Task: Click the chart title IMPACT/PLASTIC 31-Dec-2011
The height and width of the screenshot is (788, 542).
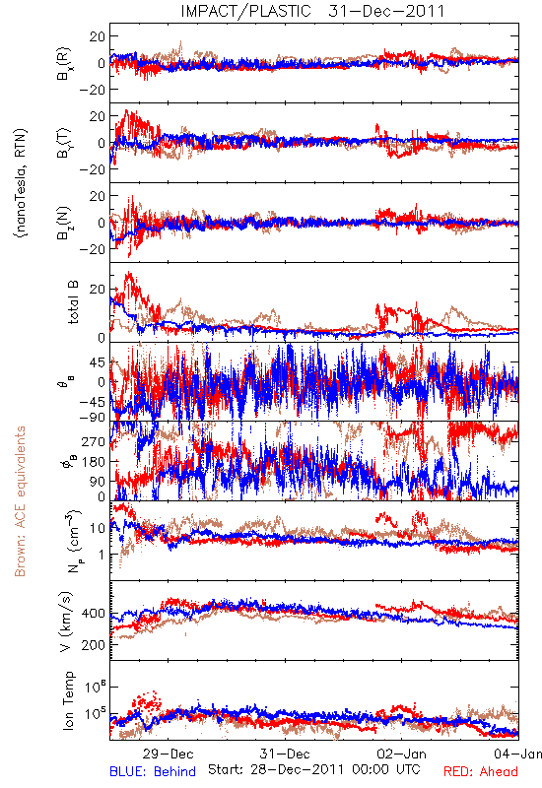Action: coord(312,11)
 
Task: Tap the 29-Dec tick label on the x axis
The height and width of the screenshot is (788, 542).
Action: coord(168,754)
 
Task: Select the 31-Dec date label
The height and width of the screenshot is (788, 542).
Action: coord(285,754)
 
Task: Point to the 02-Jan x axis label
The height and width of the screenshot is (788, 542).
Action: coord(401,754)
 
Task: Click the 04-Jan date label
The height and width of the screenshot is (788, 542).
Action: coord(517,754)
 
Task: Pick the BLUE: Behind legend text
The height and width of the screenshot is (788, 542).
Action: coord(153,771)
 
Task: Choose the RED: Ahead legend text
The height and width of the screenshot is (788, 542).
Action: coord(480,771)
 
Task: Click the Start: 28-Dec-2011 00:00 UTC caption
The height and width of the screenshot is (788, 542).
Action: coord(314,769)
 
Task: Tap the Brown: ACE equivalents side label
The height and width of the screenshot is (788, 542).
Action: coord(20,501)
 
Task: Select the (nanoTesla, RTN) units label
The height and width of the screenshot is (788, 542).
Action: coord(21,183)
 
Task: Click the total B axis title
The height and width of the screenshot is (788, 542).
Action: coord(73,302)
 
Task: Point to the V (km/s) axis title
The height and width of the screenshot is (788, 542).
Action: coord(66,622)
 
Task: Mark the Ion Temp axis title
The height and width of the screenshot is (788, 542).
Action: coord(68,700)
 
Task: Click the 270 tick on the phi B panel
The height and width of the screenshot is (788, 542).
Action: coord(94,441)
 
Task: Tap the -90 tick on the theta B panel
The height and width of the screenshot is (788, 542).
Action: coord(93,417)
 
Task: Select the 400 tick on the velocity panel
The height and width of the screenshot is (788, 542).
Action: coord(93,614)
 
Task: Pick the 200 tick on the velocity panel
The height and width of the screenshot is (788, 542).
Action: coord(93,645)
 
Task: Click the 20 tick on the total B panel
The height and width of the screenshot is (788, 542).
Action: coord(98,290)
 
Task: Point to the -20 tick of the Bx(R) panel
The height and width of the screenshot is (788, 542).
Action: coord(93,90)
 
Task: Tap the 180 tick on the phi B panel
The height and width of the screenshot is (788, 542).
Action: coord(94,461)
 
